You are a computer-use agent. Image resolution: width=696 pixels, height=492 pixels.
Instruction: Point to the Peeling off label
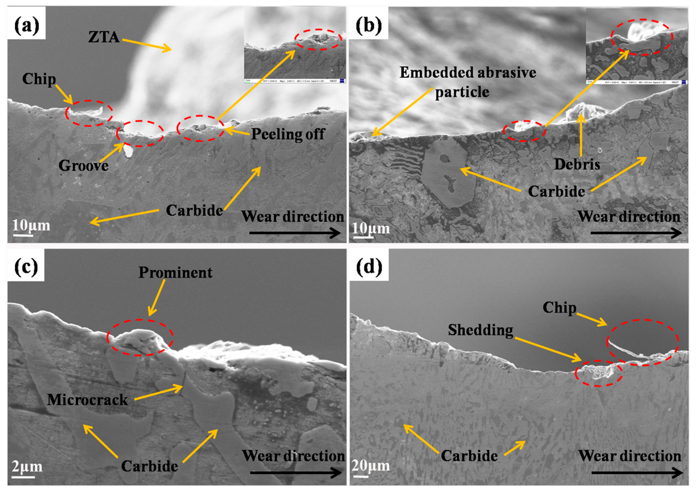tap(288, 134)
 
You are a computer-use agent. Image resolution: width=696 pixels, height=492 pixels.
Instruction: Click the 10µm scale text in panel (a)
tap(31, 226)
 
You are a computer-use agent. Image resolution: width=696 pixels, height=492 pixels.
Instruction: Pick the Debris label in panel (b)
tap(577, 165)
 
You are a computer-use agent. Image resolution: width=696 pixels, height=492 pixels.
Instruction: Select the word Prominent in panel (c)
tap(175, 272)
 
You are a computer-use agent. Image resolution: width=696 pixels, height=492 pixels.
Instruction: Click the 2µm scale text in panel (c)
tap(27, 467)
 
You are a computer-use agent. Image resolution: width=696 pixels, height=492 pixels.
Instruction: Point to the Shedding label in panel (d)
tap(481, 330)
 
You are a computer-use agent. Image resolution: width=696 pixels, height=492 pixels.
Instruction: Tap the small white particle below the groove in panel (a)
tap(128, 151)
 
